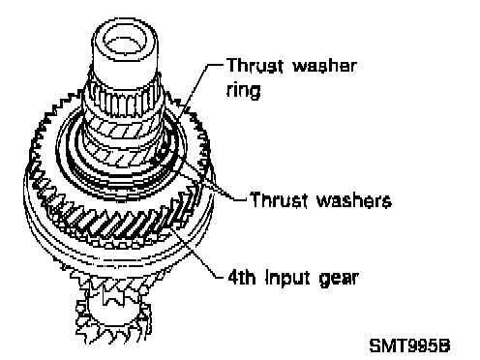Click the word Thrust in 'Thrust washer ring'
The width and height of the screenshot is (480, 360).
click(x=255, y=66)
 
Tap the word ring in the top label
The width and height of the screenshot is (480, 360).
click(x=243, y=90)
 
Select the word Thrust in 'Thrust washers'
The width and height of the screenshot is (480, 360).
click(x=278, y=199)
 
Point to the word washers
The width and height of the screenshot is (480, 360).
click(x=353, y=200)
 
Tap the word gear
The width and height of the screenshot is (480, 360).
click(x=339, y=279)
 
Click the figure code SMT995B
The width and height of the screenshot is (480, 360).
click(x=409, y=345)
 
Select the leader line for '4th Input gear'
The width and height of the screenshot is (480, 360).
click(x=196, y=252)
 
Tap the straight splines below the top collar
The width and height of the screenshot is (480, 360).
click(x=124, y=100)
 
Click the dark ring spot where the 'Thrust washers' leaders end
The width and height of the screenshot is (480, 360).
click(x=161, y=154)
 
